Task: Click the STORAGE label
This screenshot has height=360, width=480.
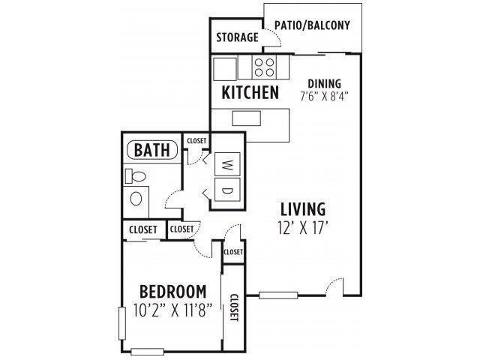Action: [236, 37]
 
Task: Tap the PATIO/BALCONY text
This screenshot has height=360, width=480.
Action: [312, 25]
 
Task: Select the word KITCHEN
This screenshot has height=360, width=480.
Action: [250, 93]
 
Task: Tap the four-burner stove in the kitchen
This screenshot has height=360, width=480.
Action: [263, 68]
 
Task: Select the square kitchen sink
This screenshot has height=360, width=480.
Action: [225, 68]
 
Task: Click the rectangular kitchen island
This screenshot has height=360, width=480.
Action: [246, 118]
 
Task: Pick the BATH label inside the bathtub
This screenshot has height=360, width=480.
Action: [151, 149]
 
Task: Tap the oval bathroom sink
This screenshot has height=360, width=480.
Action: [136, 199]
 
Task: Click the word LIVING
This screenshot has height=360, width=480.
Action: [303, 208]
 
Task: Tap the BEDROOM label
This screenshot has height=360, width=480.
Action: [172, 291]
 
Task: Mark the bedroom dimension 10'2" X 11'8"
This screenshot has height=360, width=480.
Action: [172, 308]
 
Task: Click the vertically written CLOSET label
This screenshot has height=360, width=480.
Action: [233, 307]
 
